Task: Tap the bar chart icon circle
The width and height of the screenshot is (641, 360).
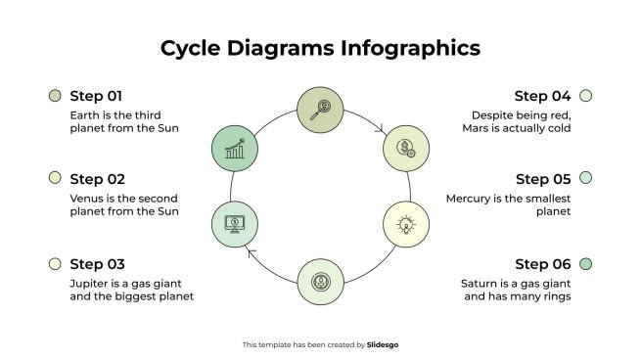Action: (235, 149)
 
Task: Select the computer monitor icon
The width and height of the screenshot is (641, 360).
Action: (235, 223)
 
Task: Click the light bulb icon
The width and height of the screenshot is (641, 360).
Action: (405, 224)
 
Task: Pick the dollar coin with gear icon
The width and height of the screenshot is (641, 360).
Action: (405, 149)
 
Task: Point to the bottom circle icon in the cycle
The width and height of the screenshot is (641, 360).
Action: (320, 282)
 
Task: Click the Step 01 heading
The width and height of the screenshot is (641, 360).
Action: (96, 96)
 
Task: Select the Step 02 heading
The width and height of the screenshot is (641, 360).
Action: (97, 179)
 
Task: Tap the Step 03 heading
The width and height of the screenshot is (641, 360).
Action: (97, 264)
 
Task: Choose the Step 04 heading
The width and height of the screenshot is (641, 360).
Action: (542, 96)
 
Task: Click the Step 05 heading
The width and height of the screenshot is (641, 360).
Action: (542, 179)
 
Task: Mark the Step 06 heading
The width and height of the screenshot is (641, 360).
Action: (542, 264)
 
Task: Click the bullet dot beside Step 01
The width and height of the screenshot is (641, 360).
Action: (55, 96)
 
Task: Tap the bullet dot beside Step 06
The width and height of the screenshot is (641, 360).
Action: (585, 264)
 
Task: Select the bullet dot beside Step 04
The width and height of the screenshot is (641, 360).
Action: (585, 96)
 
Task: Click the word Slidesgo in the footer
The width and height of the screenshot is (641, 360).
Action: (383, 344)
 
